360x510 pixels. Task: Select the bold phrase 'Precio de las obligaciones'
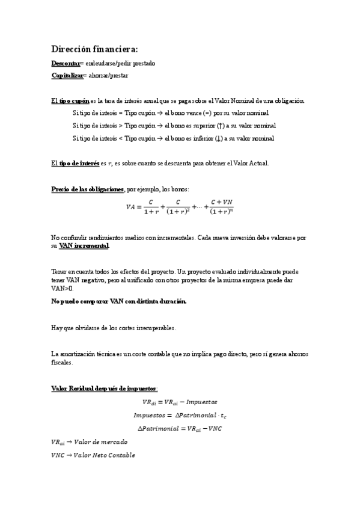tap(88, 189)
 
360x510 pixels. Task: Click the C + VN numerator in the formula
tap(221, 202)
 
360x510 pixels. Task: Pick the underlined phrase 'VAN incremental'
tap(84, 246)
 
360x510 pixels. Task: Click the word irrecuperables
tap(155, 328)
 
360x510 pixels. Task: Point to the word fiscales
tap(62, 363)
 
